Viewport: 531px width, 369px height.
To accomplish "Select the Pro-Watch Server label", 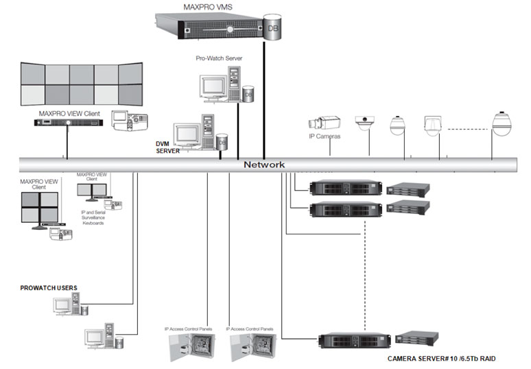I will [x=219, y=59].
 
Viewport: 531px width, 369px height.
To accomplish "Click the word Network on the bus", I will [x=264, y=165].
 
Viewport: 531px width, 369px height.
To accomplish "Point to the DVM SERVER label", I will [x=167, y=147].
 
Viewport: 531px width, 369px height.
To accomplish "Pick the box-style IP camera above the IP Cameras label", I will [x=320, y=123].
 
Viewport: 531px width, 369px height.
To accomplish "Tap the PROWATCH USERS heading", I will [x=48, y=287].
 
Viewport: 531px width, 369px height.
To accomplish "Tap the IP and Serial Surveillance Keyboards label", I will [x=91, y=219].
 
